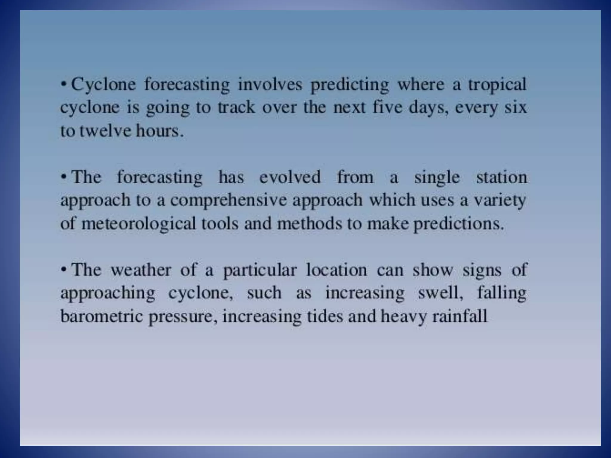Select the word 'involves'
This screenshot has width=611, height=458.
(270, 84)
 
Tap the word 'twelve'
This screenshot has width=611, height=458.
(105, 131)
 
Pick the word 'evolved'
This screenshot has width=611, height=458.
(290, 177)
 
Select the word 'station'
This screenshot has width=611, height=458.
(502, 177)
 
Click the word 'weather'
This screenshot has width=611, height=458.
(141, 270)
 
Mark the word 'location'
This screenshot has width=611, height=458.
(337, 270)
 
